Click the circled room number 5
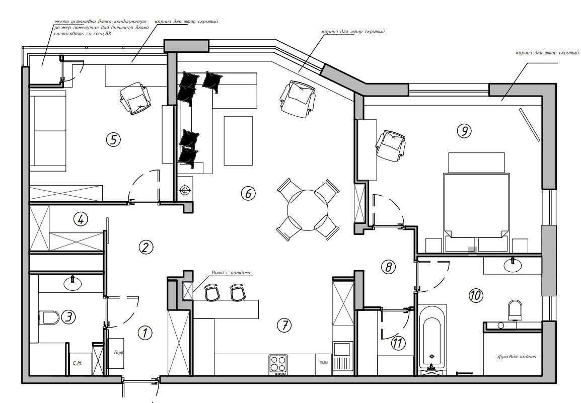(113, 140)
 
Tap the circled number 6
(248, 193)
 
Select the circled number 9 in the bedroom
(464, 130)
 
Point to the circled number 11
(397, 343)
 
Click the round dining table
(308, 210)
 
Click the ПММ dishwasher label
(324, 363)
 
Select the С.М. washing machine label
(78, 363)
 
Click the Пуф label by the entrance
(119, 353)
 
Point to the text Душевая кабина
(517, 357)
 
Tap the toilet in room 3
(49, 317)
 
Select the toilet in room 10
(515, 309)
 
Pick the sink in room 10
(513, 265)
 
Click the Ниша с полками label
(231, 273)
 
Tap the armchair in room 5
(135, 98)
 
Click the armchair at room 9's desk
(391, 145)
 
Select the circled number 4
(81, 219)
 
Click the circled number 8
(388, 267)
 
